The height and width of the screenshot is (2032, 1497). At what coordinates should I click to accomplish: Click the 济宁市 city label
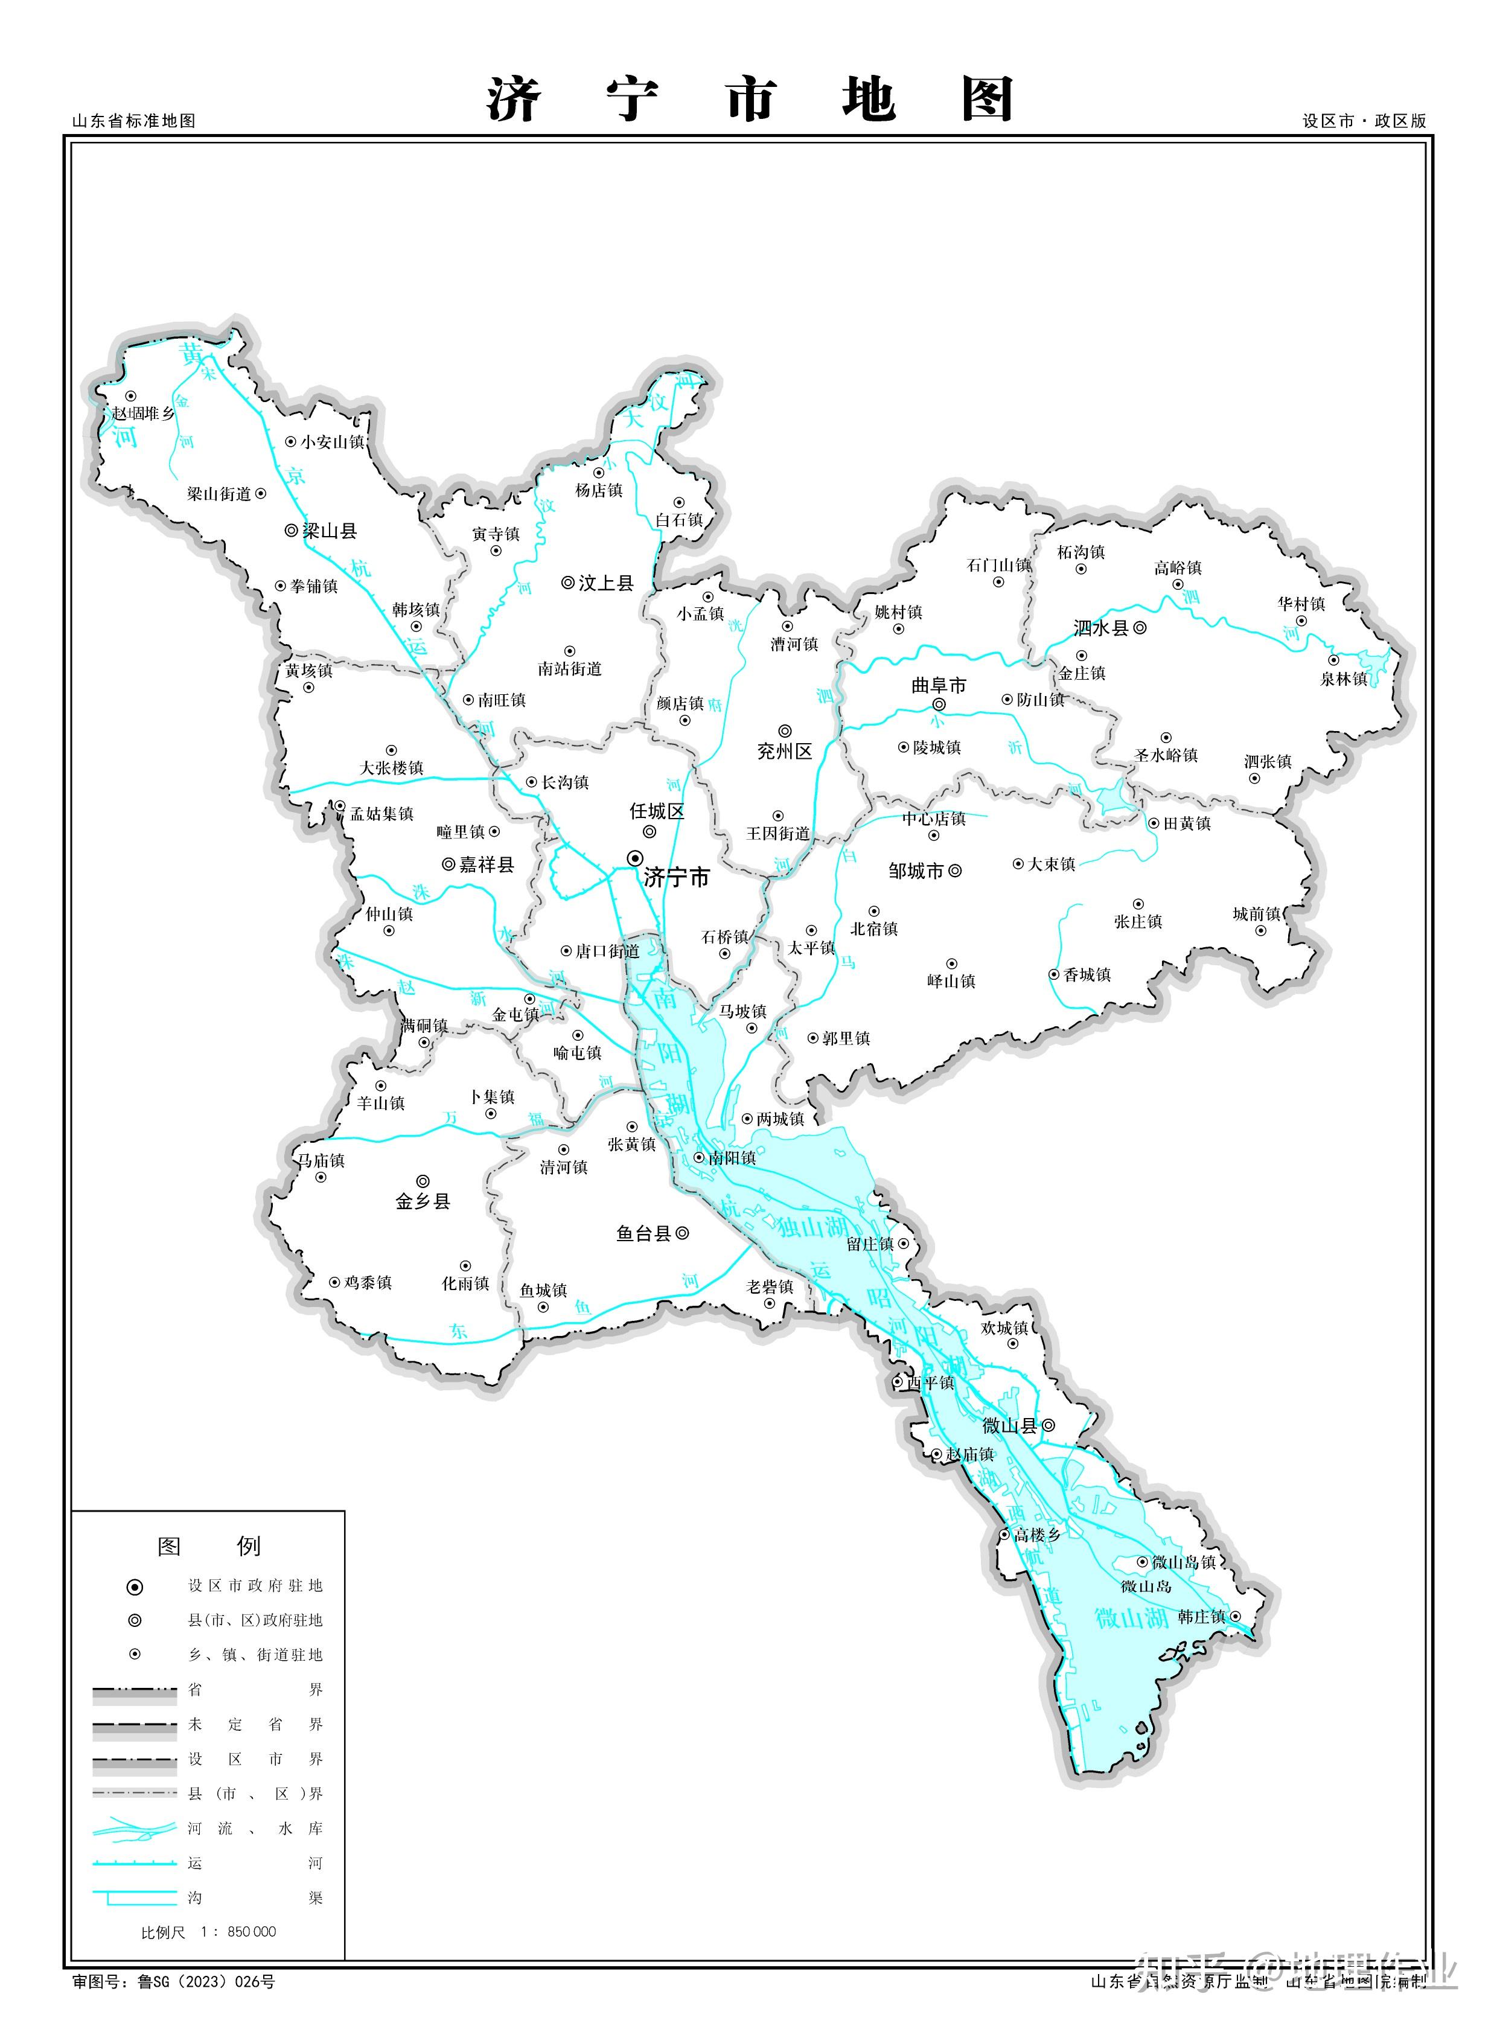pos(676,877)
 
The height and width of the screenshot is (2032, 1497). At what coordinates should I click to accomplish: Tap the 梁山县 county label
pos(329,531)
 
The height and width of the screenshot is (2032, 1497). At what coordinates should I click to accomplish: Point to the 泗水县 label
pos(1101,627)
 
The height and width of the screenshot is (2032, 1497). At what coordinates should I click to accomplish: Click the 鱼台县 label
pos(643,1233)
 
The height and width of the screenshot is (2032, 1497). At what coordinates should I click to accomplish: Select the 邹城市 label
pos(916,871)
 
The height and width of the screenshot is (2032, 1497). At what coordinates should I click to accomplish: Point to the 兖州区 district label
pos(785,752)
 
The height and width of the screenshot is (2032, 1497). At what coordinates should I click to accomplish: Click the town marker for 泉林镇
pos(1333,660)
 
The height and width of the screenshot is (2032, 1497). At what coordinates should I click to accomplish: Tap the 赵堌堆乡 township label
pos(142,414)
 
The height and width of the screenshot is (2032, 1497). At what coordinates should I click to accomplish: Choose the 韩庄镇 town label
pos(1202,1617)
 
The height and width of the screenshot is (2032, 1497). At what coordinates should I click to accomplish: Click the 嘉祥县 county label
pos(487,864)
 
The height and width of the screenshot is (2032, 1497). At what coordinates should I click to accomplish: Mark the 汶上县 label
pos(605,583)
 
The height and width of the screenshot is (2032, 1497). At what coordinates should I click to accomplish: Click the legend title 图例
pos(209,1546)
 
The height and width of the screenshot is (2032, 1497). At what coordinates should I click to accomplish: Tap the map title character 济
pos(515,100)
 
